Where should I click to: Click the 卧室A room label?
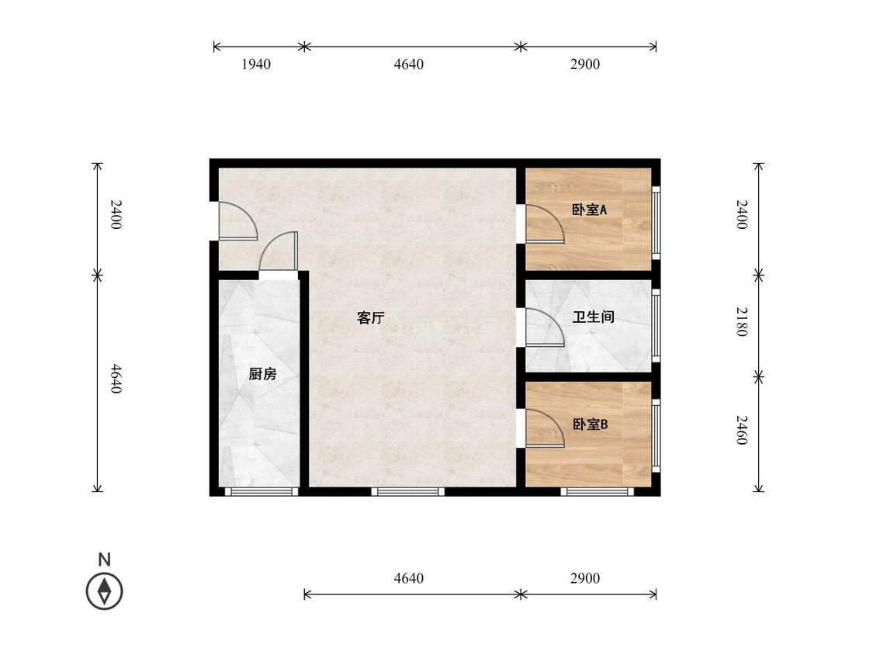coord(589,210)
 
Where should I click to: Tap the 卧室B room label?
coord(591,425)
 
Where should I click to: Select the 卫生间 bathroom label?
coord(594,317)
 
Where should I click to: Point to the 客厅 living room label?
coord(371,318)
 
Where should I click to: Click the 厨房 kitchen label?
coord(262,374)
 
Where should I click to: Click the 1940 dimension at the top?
coord(256,64)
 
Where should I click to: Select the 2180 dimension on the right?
coord(741,321)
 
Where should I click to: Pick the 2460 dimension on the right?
coord(741,430)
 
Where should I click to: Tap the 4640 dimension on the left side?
coord(115,379)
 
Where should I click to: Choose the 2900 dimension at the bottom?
coord(585,579)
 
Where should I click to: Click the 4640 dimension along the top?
coord(409,64)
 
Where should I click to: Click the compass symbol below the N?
coord(105,591)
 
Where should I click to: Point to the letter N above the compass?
coord(104,560)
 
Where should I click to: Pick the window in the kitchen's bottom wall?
coord(261,491)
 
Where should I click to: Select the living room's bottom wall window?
coord(408,491)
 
